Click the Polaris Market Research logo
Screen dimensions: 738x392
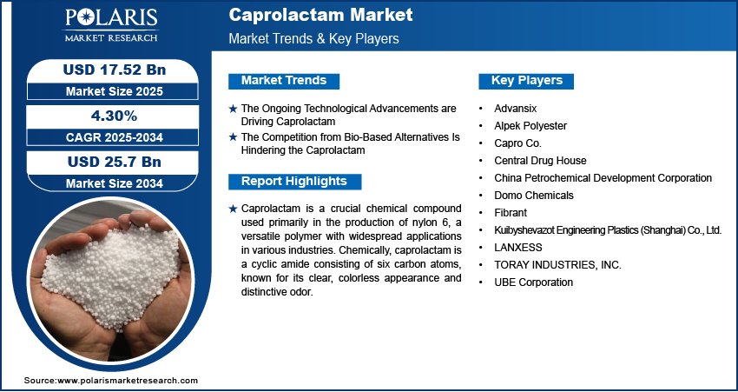(111, 24)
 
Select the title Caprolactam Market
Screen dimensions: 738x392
(320, 15)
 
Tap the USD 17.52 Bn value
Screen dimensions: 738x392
(115, 70)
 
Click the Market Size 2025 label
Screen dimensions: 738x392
(115, 91)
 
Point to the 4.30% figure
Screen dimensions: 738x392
(115, 116)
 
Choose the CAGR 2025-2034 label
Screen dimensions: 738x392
(115, 137)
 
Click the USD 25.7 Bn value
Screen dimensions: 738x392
(115, 162)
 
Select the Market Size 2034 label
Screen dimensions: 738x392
(115, 183)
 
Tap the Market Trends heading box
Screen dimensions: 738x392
(284, 81)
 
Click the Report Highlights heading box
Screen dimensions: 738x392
(294, 182)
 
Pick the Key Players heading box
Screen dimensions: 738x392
(526, 81)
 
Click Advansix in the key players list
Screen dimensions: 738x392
(516, 109)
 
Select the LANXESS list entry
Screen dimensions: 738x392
(518, 248)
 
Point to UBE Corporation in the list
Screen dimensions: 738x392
(534, 282)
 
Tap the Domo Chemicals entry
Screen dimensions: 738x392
(534, 195)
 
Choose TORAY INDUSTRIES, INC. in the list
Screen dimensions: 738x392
(557, 265)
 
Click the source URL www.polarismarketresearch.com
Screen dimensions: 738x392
(128, 380)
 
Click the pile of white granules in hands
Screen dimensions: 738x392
(111, 274)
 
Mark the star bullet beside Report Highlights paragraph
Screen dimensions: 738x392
(233, 209)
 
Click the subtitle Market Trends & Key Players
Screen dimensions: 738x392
(314, 38)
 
